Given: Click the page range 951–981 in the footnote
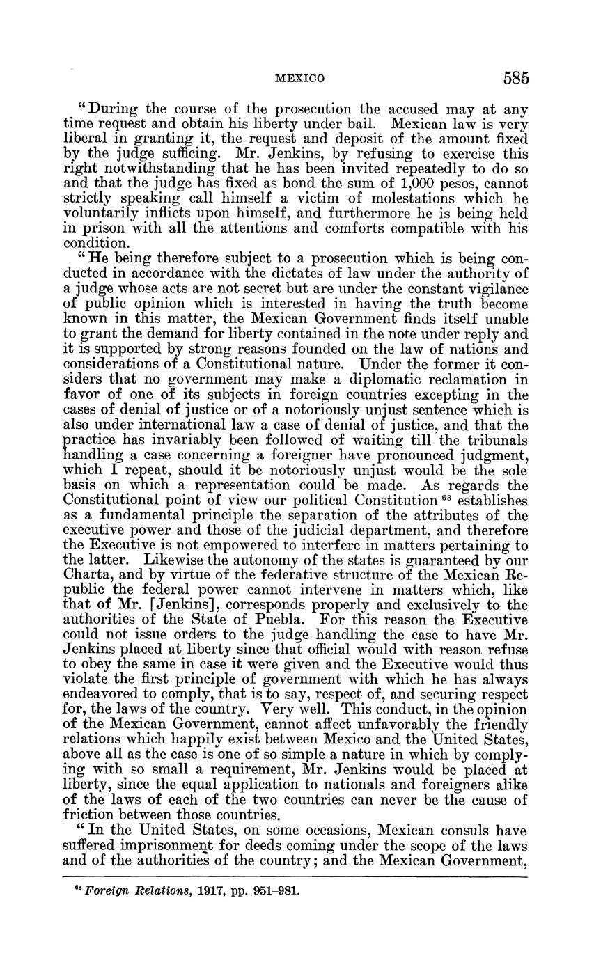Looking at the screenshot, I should (x=274, y=890).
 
